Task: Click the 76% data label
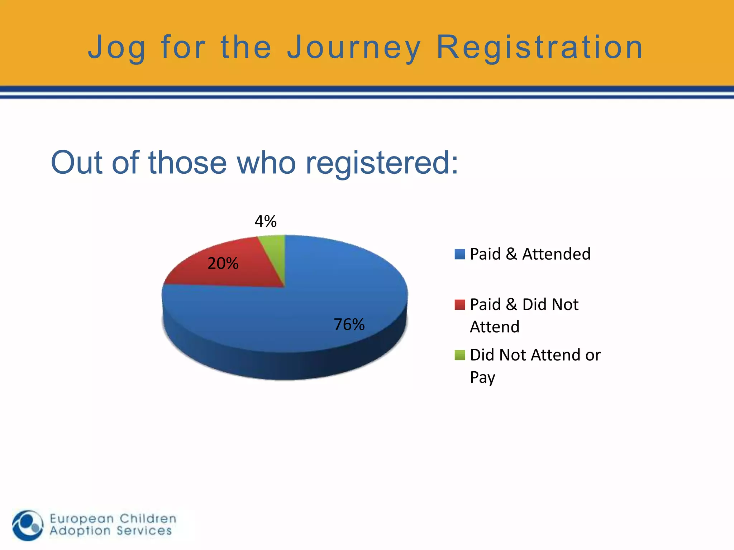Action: click(x=349, y=324)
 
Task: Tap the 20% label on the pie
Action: click(x=223, y=264)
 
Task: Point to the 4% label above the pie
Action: click(x=266, y=221)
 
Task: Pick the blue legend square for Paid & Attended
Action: click(x=459, y=254)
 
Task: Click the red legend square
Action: click(x=459, y=305)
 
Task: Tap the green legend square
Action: click(x=459, y=355)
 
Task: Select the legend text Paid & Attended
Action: click(x=530, y=254)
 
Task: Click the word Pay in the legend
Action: click(x=482, y=377)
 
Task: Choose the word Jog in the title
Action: click(x=117, y=48)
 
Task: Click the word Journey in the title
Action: click(x=354, y=48)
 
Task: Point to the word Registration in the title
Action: click(x=540, y=48)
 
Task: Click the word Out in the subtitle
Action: click(x=77, y=163)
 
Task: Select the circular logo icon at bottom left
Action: click(x=28, y=525)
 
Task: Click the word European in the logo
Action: click(x=82, y=518)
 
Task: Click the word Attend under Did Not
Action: click(x=495, y=327)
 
